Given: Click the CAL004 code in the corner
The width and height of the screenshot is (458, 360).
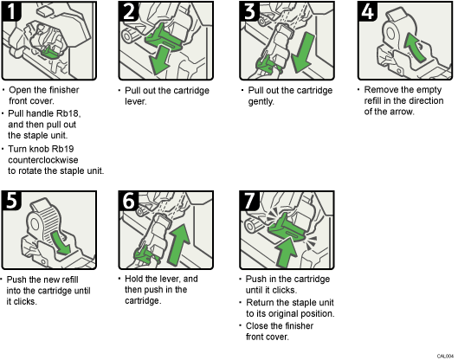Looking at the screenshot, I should [x=444, y=354].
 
